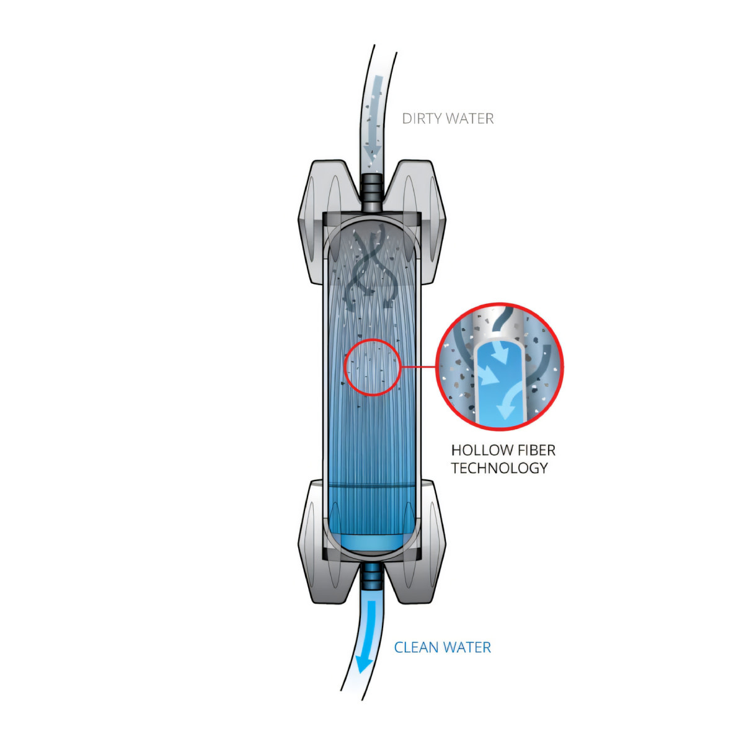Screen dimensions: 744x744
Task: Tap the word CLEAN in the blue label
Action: point(416,647)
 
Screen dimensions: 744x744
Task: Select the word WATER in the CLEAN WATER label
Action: point(467,647)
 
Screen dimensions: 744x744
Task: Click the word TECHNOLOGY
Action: point(500,468)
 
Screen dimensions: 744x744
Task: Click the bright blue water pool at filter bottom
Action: point(372,544)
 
